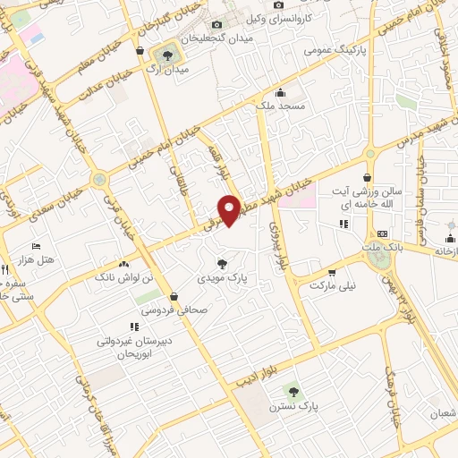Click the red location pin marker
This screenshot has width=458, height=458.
(x=230, y=208)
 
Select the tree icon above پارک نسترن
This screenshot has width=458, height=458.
(x=290, y=391)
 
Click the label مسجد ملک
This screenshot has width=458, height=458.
(x=280, y=106)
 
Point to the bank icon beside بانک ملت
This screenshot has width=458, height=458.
(x=383, y=233)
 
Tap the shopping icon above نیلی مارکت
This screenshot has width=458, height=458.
(x=332, y=273)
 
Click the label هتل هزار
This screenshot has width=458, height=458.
(x=37, y=259)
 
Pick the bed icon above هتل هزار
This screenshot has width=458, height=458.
(x=36, y=246)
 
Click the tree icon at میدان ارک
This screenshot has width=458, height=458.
(x=166, y=56)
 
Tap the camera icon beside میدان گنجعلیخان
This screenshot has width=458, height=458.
(x=217, y=25)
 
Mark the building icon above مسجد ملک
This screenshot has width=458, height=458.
(x=280, y=92)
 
